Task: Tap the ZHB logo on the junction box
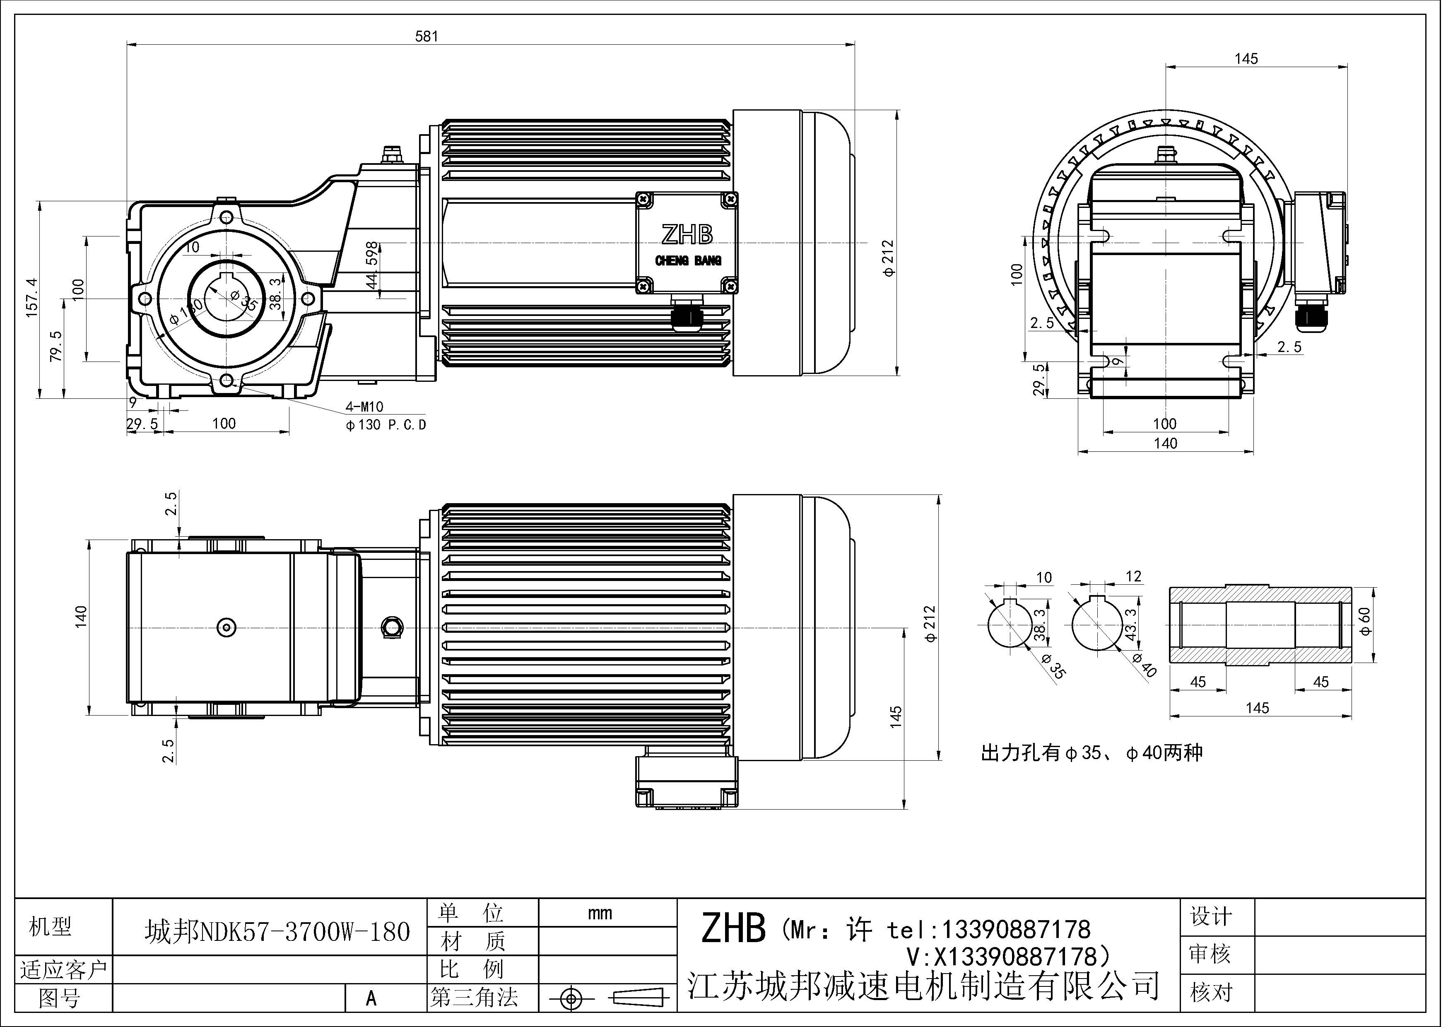(687, 235)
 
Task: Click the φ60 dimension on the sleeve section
(1365, 622)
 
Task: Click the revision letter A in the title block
(371, 998)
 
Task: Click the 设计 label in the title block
(1211, 916)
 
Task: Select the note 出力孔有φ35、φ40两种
(1091, 753)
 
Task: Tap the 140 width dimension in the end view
(1165, 444)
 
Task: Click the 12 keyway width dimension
(1133, 576)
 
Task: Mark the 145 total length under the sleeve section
(1258, 708)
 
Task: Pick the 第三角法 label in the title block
(474, 998)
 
